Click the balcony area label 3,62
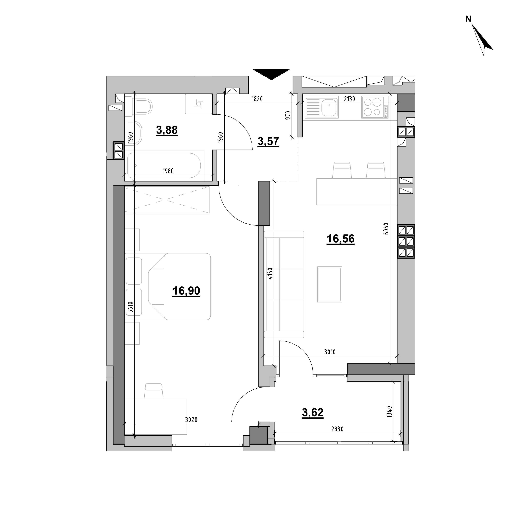(313, 413)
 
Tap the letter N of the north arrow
(468, 19)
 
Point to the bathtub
(164, 165)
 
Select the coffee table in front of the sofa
(330, 284)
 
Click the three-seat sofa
(284, 284)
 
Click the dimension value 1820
(257, 99)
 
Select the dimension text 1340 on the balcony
(389, 412)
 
